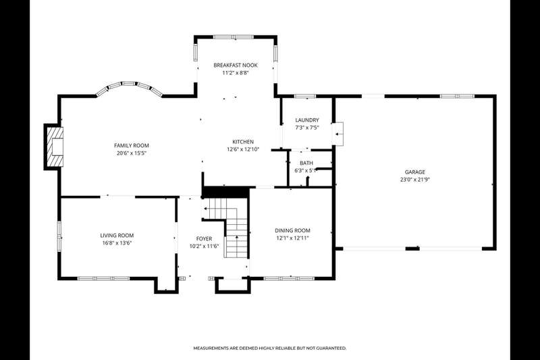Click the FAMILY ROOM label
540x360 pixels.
click(x=132, y=146)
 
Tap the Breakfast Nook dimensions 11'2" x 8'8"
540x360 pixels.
click(x=235, y=73)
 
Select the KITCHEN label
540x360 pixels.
click(x=243, y=142)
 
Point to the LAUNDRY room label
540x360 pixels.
click(x=307, y=120)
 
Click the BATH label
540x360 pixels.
click(x=306, y=163)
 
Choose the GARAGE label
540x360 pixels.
click(x=414, y=172)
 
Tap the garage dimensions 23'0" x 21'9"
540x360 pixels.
click(x=414, y=180)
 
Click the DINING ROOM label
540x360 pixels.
click(x=292, y=230)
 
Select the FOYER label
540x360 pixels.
click(x=204, y=238)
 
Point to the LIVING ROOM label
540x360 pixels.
click(x=117, y=236)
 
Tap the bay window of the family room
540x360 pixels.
click(x=129, y=87)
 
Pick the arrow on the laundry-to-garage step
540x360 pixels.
click(x=339, y=134)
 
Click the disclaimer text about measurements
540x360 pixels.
click(x=269, y=349)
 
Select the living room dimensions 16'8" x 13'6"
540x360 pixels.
click(x=117, y=243)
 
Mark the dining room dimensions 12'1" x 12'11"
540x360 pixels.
click(x=292, y=238)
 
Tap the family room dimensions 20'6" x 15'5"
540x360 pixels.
click(x=132, y=153)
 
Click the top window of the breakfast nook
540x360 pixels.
click(x=234, y=37)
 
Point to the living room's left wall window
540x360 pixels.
click(x=59, y=236)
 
